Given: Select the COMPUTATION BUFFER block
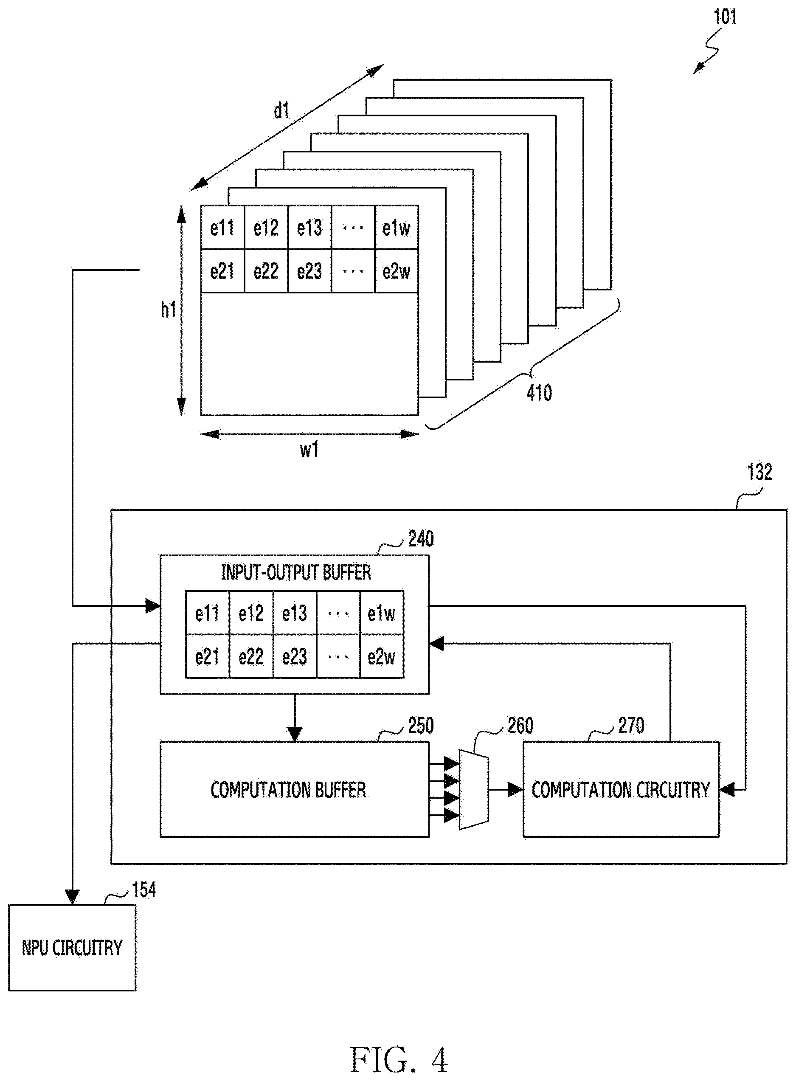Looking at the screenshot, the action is click(294, 789).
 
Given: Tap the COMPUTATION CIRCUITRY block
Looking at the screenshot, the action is click(621, 789).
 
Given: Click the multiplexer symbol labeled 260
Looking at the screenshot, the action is click(474, 789).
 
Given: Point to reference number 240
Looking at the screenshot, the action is click(421, 539).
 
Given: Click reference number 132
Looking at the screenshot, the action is click(759, 472).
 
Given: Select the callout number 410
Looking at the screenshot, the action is click(539, 393).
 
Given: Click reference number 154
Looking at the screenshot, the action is click(144, 890).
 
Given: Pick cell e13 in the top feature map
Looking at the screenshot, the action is click(310, 228).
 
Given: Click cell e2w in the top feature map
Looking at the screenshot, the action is click(396, 271).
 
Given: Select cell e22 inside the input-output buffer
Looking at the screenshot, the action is click(251, 656).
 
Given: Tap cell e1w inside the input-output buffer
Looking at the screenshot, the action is click(382, 613).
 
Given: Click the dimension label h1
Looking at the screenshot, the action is click(168, 310).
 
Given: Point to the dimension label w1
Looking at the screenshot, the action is click(309, 450).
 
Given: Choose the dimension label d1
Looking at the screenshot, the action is click(281, 110).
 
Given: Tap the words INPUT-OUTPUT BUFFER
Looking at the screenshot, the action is click(296, 572).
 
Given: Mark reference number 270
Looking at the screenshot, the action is click(631, 726).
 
